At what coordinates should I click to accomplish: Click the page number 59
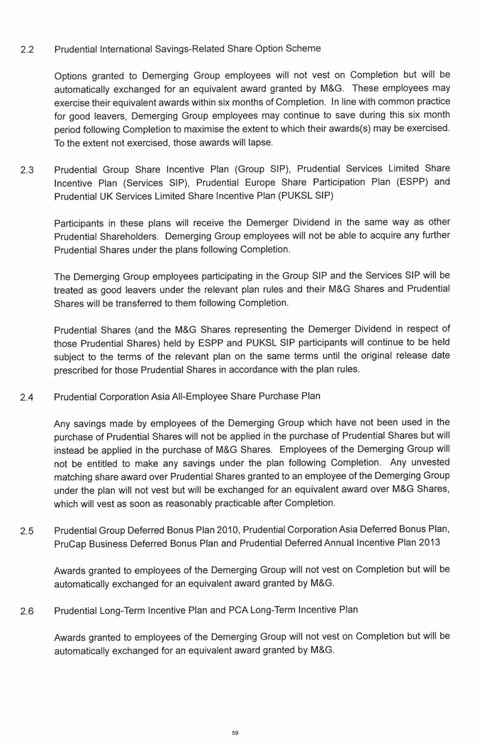click(235, 732)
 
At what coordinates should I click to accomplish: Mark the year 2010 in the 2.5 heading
click(254, 531)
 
